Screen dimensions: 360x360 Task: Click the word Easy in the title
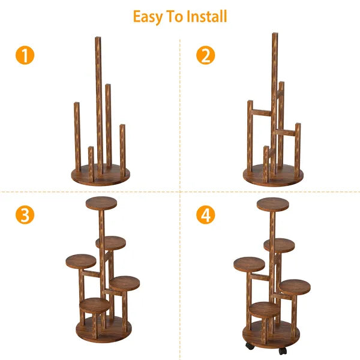(x=149, y=16)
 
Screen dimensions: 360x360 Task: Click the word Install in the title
(x=206, y=16)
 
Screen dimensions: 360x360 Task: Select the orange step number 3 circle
(x=25, y=215)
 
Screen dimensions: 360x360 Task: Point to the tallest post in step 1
(x=98, y=102)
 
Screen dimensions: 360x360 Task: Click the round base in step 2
(x=273, y=176)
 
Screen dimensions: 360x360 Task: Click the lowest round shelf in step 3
(x=95, y=305)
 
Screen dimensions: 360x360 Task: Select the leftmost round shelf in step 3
(x=80, y=262)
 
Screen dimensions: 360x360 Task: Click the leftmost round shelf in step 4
(x=249, y=264)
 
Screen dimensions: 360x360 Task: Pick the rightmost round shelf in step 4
(x=295, y=287)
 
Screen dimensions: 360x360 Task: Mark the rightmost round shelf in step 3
(x=124, y=283)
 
